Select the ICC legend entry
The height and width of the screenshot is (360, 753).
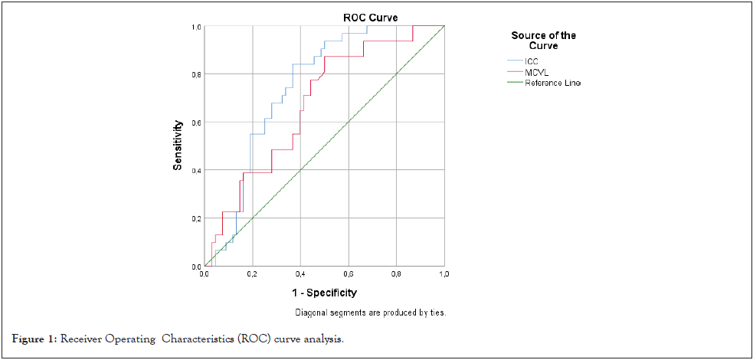pyautogui.click(x=532, y=61)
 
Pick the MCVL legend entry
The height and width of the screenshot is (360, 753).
pyautogui.click(x=535, y=71)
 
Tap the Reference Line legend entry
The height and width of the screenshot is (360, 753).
pyautogui.click(x=552, y=83)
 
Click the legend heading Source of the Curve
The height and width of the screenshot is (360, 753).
pyautogui.click(x=544, y=41)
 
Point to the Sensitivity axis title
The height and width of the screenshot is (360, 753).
pyautogui.click(x=178, y=145)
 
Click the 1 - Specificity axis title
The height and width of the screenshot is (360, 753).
pyautogui.click(x=323, y=293)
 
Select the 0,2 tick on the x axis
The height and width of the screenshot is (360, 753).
pyautogui.click(x=252, y=273)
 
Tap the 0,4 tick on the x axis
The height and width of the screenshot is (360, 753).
pyautogui.click(x=300, y=273)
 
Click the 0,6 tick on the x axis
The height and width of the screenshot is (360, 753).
pyautogui.click(x=349, y=273)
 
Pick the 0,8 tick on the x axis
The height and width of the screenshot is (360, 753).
pyautogui.click(x=396, y=273)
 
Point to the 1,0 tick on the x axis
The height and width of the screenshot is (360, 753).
pyautogui.click(x=444, y=273)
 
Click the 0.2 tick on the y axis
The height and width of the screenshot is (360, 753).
pyautogui.click(x=196, y=218)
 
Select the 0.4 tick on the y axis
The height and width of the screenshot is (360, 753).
pyautogui.click(x=196, y=170)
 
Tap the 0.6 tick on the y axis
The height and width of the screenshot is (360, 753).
pyautogui.click(x=196, y=123)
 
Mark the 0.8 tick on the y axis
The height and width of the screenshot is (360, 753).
pyautogui.click(x=196, y=74)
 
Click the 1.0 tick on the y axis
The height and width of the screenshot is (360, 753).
pyautogui.click(x=196, y=27)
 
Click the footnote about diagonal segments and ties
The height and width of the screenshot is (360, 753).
pyautogui.click(x=370, y=313)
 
